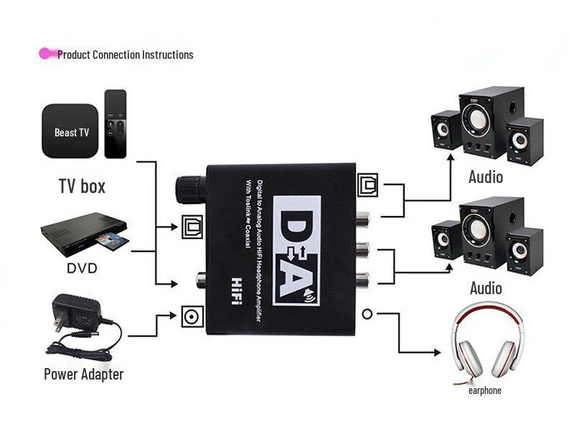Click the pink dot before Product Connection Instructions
[45, 54]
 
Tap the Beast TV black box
[70, 131]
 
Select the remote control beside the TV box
[115, 123]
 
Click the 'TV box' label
[82, 187]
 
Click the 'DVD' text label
[82, 268]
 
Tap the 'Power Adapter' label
[83, 374]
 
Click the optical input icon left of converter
[192, 227]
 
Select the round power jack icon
[192, 316]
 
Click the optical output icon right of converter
[368, 184]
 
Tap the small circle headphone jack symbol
[367, 314]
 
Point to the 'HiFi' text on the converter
[235, 291]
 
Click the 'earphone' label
[484, 390]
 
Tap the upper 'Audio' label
[486, 177]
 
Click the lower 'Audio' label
[486, 288]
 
